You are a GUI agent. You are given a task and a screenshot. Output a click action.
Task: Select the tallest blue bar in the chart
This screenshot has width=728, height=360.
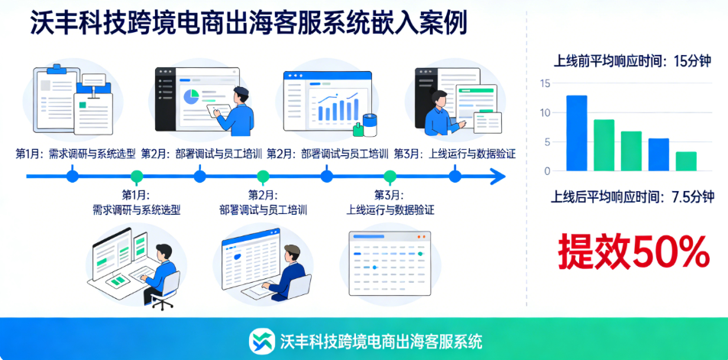pyautogui.click(x=577, y=132)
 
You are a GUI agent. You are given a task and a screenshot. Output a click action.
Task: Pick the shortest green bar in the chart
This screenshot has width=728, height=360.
pyautogui.click(x=686, y=161)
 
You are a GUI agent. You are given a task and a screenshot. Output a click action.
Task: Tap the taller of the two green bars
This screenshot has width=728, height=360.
pyautogui.click(x=604, y=144)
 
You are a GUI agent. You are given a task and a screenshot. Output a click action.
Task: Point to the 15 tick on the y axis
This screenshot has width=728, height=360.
pyautogui.click(x=544, y=83)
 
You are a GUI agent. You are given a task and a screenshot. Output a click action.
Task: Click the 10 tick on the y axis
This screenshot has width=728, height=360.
pyautogui.click(x=544, y=113)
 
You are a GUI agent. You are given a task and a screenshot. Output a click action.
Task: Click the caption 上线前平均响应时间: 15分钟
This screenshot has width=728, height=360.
pyautogui.click(x=633, y=62)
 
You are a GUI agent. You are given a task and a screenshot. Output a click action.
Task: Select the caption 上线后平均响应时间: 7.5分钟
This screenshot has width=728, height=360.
pyautogui.click(x=633, y=196)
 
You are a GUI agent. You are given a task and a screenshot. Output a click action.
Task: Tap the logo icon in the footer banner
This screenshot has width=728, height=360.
pyautogui.click(x=262, y=339)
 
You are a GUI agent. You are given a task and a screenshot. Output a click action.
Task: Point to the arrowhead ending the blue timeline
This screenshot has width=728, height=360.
pyautogui.click(x=498, y=177)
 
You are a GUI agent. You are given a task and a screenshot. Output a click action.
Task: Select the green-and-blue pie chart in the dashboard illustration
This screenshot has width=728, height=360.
pyautogui.click(x=190, y=96)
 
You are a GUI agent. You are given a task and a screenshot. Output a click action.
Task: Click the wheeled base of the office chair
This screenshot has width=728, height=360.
pyautogui.click(x=162, y=304)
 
